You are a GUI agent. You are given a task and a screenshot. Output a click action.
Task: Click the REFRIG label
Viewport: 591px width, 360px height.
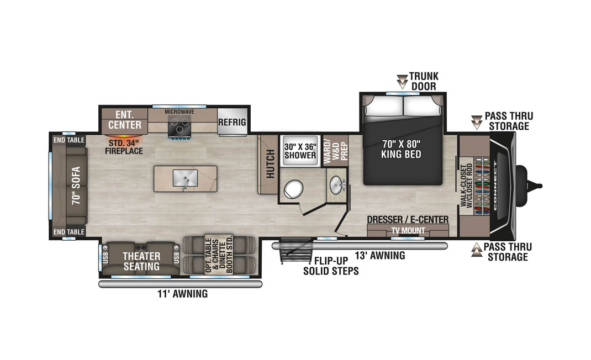tap(232, 122)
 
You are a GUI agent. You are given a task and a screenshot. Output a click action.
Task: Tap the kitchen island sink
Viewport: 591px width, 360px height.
tap(185, 178)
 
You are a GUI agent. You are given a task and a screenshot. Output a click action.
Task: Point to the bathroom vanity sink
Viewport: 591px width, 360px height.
tap(336, 185)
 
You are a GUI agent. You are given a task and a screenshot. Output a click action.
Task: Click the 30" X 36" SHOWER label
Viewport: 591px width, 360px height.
tap(300, 151)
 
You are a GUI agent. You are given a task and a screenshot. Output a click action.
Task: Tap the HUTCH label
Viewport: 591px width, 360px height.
tap(271, 164)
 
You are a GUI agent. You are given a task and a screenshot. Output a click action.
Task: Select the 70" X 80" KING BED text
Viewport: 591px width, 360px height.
tap(401, 149)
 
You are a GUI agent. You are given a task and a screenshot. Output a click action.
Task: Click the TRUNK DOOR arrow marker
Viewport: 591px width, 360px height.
tap(403, 81)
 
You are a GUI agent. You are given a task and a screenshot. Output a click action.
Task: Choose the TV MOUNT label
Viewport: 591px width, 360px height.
tap(408, 230)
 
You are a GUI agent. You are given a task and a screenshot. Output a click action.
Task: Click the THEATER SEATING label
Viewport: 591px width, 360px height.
tap(141, 261)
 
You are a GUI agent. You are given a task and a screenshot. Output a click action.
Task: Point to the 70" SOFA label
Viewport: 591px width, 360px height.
tap(76, 186)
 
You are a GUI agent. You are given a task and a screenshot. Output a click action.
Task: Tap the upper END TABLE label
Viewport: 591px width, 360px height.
tap(69, 140)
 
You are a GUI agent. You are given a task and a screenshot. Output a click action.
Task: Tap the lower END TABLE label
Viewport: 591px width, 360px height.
tap(69, 232)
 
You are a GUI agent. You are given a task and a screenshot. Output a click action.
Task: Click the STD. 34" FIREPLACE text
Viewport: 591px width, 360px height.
tap(124, 147)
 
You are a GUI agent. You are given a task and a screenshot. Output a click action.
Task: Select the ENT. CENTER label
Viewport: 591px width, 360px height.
tap(125, 120)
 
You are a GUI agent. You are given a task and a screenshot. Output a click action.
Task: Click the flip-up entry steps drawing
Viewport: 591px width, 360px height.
tap(296, 252)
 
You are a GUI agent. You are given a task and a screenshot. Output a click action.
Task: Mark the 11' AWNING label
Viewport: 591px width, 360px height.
tap(182, 294)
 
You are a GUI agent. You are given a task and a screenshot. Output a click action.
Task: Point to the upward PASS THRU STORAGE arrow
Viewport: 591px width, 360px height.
tap(477, 250)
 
